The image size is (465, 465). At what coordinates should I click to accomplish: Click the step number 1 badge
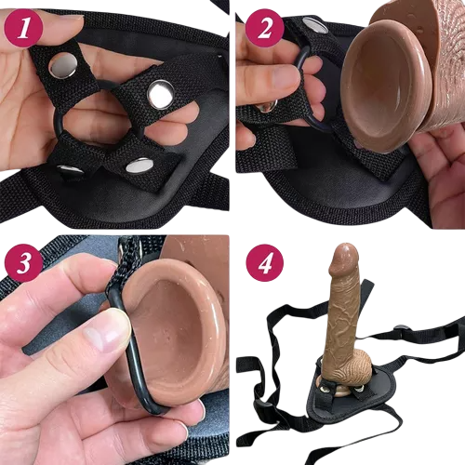(x=23, y=29)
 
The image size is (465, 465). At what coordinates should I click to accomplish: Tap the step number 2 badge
(x=264, y=28)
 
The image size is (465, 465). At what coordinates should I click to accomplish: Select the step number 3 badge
(x=23, y=263)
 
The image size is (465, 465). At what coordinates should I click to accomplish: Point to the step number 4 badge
(x=265, y=263)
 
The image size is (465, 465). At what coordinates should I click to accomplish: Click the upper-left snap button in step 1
(x=63, y=65)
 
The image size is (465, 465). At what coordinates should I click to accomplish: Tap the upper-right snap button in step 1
(x=160, y=95)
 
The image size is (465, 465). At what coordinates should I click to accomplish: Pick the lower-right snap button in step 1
(x=139, y=166)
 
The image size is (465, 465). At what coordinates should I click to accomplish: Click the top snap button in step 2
(x=315, y=26)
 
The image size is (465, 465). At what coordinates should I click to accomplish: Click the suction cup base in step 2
(x=386, y=86)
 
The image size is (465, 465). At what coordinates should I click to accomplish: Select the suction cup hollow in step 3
(x=175, y=335)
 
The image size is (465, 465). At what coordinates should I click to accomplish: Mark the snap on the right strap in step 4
(x=401, y=327)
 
